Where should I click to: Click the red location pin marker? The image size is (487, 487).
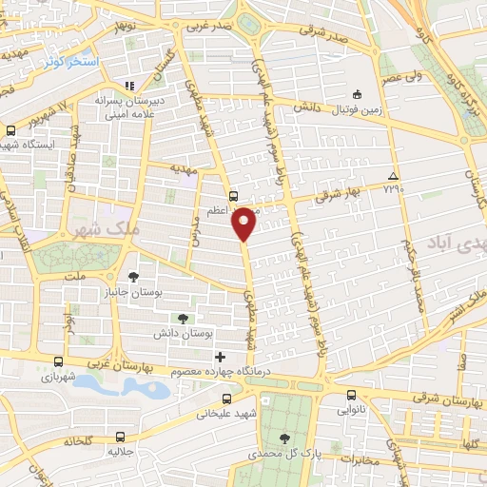(x=244, y=223)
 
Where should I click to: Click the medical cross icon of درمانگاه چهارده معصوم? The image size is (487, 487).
(x=220, y=356)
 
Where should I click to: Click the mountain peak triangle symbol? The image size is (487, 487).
(x=394, y=177)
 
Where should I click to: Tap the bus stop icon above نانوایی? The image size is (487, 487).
(x=351, y=396)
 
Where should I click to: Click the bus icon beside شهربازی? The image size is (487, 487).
(x=59, y=362)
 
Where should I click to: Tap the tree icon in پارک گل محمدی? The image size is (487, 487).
(x=285, y=438)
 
